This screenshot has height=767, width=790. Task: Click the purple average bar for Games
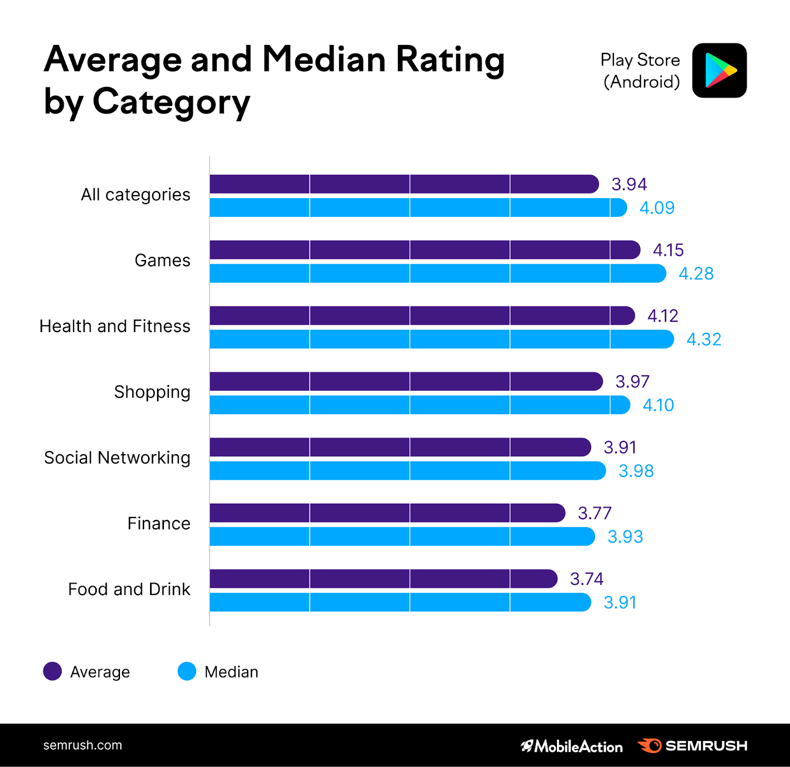[425, 250]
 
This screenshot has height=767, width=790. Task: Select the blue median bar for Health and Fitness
[441, 340]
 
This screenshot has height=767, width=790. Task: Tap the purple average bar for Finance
[387, 513]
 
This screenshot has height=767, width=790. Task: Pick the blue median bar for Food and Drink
[400, 602]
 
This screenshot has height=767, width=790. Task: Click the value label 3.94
[629, 184]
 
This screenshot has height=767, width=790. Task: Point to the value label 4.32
[704, 340]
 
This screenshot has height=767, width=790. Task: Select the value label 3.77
[594, 513]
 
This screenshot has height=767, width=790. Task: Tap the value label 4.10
[658, 405]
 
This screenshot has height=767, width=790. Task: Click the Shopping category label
[152, 392]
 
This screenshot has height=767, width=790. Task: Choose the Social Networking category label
[117, 458]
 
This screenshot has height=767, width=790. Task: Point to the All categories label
[135, 195]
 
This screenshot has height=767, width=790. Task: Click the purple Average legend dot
[52, 671]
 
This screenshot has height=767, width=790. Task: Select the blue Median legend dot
[187, 671]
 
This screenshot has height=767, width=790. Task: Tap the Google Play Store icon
[719, 70]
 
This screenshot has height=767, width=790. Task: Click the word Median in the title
[323, 59]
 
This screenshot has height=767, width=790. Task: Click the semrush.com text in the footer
[82, 745]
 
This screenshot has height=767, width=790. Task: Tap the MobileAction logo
[572, 746]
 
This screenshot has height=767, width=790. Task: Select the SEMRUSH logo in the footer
[692, 746]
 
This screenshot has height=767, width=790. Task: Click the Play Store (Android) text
[640, 71]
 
